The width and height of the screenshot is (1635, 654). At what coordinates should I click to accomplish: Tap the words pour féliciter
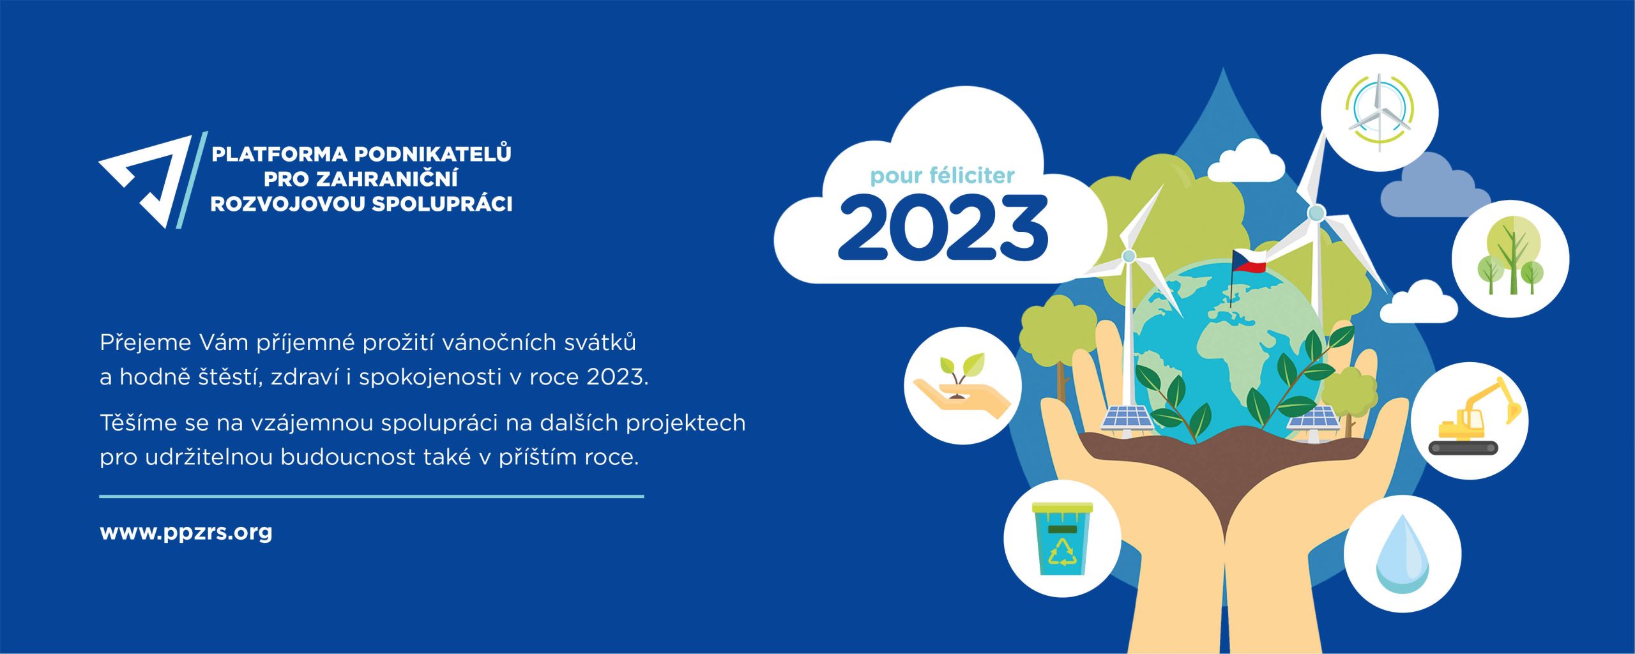click(943, 176)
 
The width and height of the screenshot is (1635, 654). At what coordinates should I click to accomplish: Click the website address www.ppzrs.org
click(186, 533)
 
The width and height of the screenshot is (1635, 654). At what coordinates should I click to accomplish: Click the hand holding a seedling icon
click(962, 386)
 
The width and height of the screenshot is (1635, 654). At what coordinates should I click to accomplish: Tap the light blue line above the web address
click(372, 496)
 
